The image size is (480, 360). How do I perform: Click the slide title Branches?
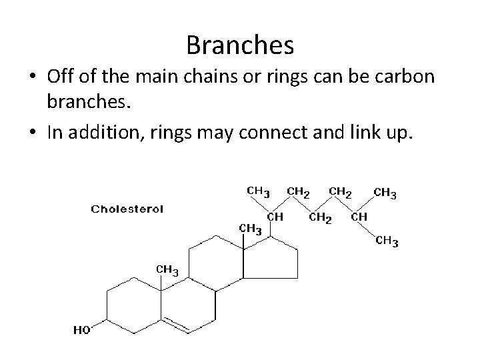(240, 45)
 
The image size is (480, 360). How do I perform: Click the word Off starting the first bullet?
(63, 78)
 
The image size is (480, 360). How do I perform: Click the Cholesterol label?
(127, 209)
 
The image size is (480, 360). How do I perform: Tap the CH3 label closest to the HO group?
(167, 269)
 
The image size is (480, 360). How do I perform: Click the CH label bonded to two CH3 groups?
(359, 217)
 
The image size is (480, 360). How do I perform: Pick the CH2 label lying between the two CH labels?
(321, 217)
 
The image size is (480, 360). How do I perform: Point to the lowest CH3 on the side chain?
(387, 241)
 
